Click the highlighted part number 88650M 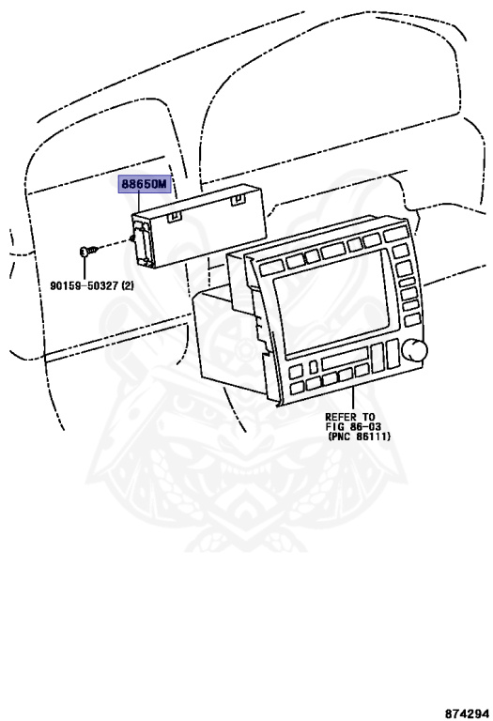144,184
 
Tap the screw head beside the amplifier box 84,252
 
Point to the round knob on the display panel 414,349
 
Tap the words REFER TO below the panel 349,417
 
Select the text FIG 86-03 353,427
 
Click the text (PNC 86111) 360,437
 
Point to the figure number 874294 466,713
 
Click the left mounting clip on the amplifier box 174,216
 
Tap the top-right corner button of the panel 394,235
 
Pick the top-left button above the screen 270,266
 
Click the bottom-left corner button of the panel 297,386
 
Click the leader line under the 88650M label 138,203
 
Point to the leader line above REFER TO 353,399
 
